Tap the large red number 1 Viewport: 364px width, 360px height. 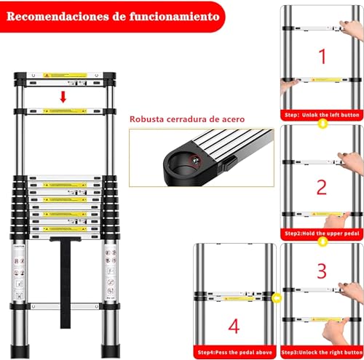[322, 55]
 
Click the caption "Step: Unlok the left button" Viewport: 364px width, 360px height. [322, 115]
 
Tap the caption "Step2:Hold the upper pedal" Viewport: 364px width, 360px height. [322, 233]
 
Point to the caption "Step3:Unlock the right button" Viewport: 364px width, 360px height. [322, 352]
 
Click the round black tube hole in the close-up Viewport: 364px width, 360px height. [186, 161]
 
